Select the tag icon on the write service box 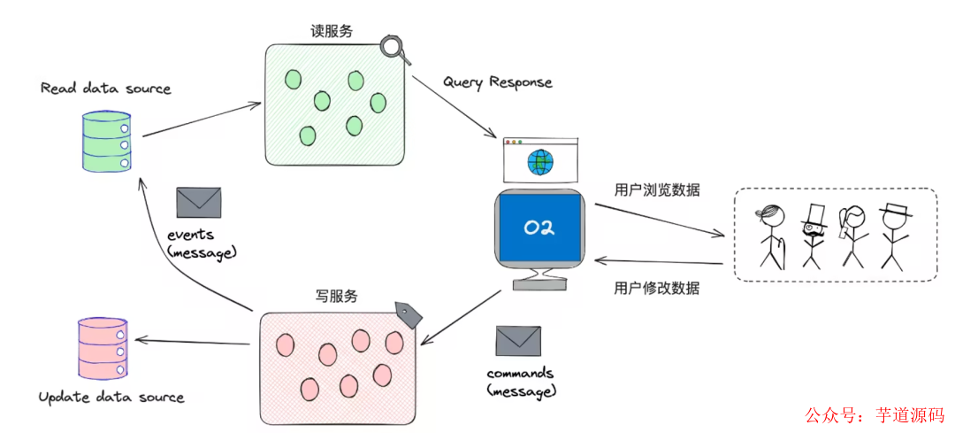click(407, 313)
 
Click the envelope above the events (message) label click(198, 202)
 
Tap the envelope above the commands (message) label click(517, 341)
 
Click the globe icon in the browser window click(539, 162)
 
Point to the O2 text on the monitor click(539, 228)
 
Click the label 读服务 click(332, 31)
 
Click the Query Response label click(497, 82)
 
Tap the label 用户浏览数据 click(657, 190)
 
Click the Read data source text click(105, 89)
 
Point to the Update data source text click(111, 398)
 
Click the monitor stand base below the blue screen click(539, 284)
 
